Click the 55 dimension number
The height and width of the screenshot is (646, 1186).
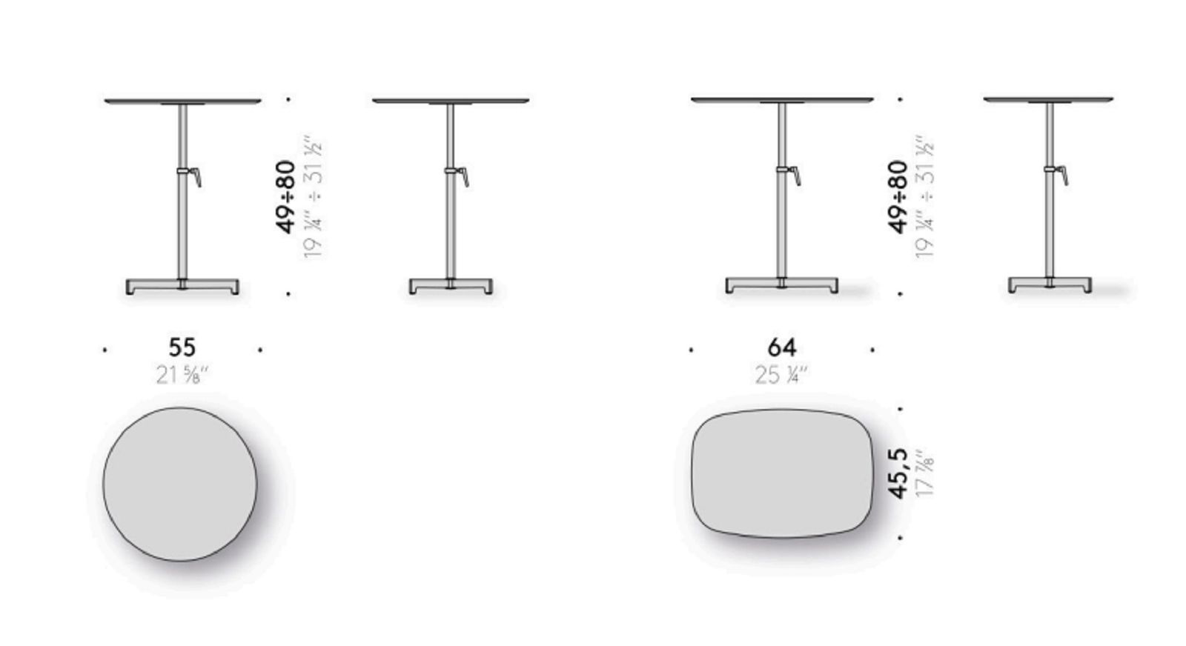(182, 347)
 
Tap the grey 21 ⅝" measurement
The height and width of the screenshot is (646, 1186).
(182, 375)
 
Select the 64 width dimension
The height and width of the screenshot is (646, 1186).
(781, 347)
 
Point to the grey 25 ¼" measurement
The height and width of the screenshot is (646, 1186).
(782, 375)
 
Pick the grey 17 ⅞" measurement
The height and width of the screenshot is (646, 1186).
(925, 473)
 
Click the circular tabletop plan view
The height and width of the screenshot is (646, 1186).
(180, 484)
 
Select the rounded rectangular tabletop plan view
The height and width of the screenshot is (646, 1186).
(782, 473)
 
